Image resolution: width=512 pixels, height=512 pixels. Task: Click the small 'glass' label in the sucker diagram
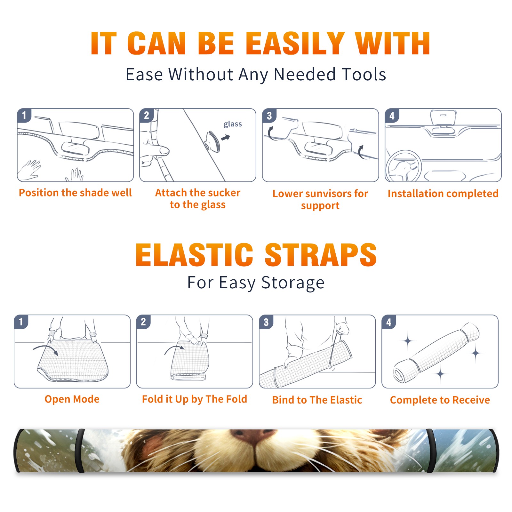[233, 124]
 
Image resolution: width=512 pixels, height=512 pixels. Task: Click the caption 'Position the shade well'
[75, 193]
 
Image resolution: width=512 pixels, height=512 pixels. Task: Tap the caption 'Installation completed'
[443, 193]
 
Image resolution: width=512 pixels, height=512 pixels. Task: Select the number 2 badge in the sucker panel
[147, 115]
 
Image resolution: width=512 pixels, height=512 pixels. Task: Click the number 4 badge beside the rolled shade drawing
[389, 322]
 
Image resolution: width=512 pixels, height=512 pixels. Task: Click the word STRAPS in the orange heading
[321, 255]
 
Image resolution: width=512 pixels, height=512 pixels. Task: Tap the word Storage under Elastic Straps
[293, 283]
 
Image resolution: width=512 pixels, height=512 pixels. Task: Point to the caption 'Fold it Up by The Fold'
[195, 399]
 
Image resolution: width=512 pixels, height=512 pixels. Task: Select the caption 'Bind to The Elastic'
[317, 400]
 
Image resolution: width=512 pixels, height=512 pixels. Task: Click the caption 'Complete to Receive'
[440, 400]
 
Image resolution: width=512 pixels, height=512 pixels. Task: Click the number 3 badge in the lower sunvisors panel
[269, 116]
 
